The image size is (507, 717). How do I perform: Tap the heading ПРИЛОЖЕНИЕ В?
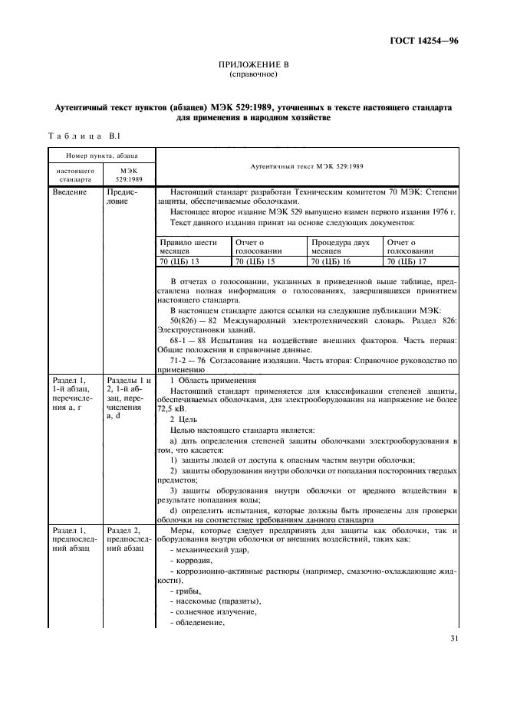pos(252,67)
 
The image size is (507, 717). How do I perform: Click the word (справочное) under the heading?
pos(252,76)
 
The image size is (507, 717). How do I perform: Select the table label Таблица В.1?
pos(81,136)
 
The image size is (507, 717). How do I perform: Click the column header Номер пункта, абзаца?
pos(101,156)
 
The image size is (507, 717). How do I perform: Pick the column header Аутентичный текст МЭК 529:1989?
pos(307,166)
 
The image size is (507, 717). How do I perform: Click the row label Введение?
pos(70,193)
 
